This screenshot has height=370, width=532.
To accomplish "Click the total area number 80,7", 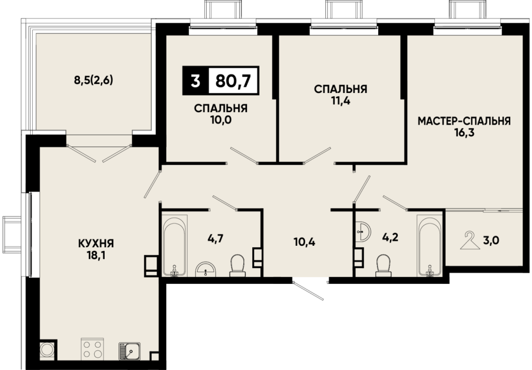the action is pyautogui.click(x=233, y=81).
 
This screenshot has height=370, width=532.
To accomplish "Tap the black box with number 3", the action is pyautogui.click(x=195, y=81).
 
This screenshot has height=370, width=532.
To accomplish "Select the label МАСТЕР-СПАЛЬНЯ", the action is pyautogui.click(x=464, y=121).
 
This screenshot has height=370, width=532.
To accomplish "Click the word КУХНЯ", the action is pyautogui.click(x=96, y=243).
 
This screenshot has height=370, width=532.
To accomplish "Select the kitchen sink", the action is pyautogui.click(x=129, y=350).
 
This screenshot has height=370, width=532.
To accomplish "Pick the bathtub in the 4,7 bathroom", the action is pyautogui.click(x=175, y=246).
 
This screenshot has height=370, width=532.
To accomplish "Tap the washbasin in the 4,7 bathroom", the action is pyautogui.click(x=206, y=270).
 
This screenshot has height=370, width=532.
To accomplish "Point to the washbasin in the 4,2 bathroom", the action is pyautogui.click(x=363, y=232).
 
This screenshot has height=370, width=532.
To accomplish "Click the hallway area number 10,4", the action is pyautogui.click(x=304, y=242).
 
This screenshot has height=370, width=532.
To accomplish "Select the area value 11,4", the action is pyautogui.click(x=341, y=101).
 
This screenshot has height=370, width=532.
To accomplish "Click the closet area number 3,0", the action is pyautogui.click(x=491, y=240).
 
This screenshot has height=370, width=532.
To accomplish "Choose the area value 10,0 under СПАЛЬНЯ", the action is pyautogui.click(x=221, y=119).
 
